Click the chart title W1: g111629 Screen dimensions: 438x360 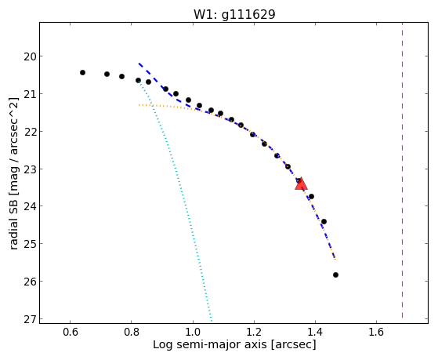(x=234, y=15)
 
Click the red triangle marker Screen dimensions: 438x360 (x=301, y=184)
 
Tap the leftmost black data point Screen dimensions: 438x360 (x=82, y=72)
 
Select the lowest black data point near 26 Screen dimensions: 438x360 (x=336, y=275)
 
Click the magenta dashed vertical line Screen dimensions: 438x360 (x=402, y=170)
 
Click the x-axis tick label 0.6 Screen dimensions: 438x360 (x=70, y=332)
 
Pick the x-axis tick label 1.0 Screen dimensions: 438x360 (x=193, y=332)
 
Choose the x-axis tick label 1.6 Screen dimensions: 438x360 (x=376, y=332)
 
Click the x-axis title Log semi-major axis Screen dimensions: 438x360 (x=210, y=345)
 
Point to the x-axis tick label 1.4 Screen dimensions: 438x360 (x=315, y=332)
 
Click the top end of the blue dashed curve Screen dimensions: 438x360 (x=139, y=64)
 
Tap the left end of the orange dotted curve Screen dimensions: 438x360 (x=139, y=105)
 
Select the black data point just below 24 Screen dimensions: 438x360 (x=324, y=221)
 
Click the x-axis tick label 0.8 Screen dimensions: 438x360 (x=132, y=332)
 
